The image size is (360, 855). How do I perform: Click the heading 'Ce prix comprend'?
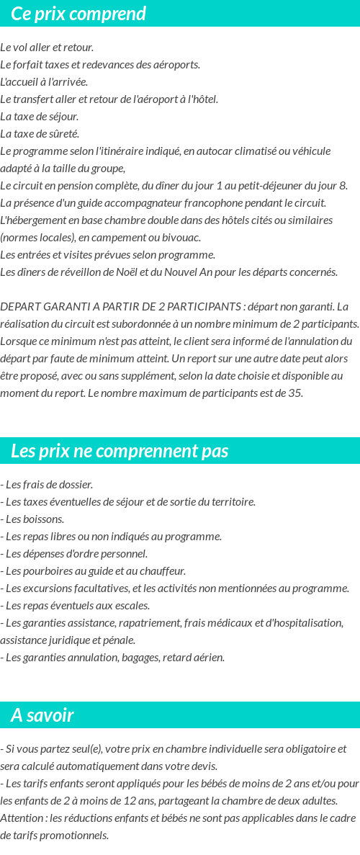pyautogui.click(x=78, y=14)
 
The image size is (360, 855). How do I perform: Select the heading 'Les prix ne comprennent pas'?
pyautogui.click(x=120, y=451)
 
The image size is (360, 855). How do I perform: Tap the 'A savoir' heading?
pyautogui.click(x=42, y=715)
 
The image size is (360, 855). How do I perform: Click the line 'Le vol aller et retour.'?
pyautogui.click(x=47, y=48)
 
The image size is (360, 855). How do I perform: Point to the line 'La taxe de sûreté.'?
pyautogui.click(x=40, y=134)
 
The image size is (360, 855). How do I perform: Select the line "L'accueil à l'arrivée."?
pyautogui.click(x=44, y=82)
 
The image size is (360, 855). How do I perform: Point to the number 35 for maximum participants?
pyautogui.click(x=294, y=393)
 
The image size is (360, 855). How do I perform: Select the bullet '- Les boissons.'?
pyautogui.click(x=32, y=519)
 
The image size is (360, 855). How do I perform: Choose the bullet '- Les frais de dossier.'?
pyautogui.click(x=47, y=485)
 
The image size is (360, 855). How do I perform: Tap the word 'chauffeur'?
pyautogui.click(x=163, y=571)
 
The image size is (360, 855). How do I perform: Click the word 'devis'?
pyautogui.click(x=204, y=766)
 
